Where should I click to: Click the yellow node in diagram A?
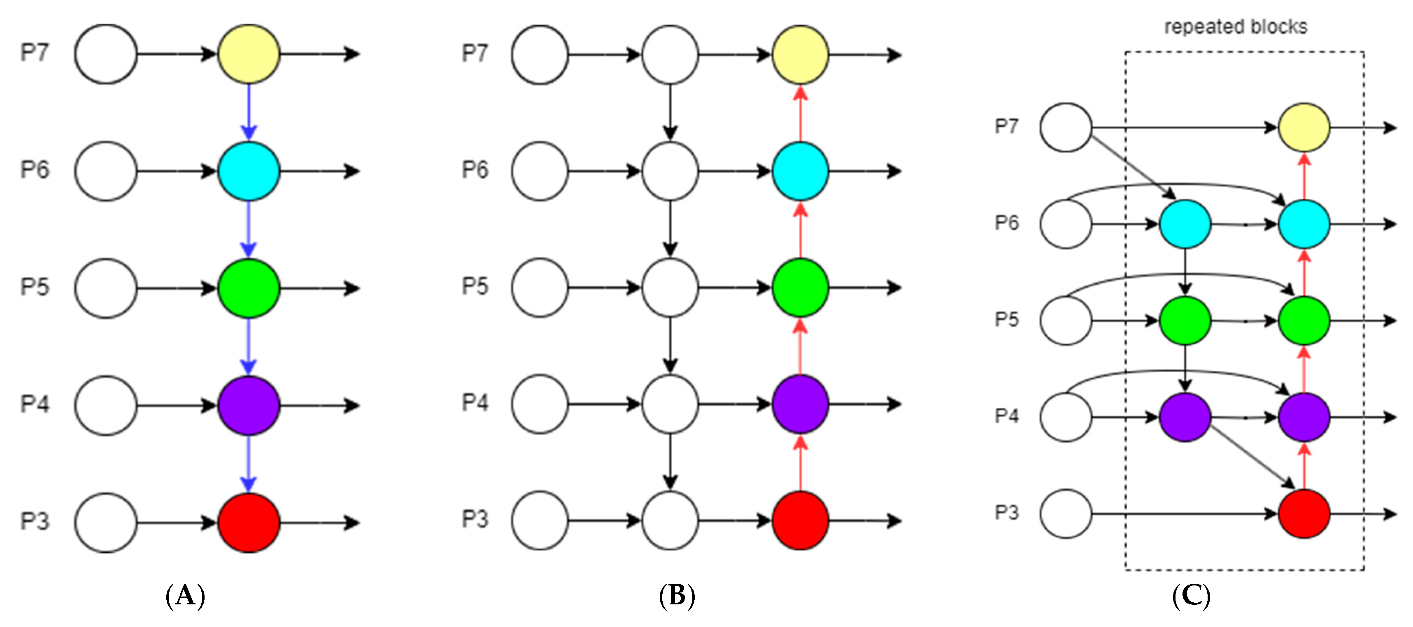pyautogui.click(x=249, y=54)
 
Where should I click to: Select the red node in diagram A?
pyautogui.click(x=249, y=522)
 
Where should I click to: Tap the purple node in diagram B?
pyautogui.click(x=800, y=404)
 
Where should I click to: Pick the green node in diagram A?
pyautogui.click(x=249, y=288)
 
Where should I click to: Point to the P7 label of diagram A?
pyautogui.click(x=35, y=53)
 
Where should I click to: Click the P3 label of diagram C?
pyautogui.click(x=1006, y=513)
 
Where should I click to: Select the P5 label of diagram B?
pyautogui.click(x=475, y=286)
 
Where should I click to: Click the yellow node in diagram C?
pyautogui.click(x=1304, y=128)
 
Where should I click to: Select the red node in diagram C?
pyautogui.click(x=1304, y=513)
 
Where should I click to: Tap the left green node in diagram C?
pyautogui.click(x=1185, y=320)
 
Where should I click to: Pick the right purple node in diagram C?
pyautogui.click(x=1304, y=417)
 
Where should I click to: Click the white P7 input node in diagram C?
pyautogui.click(x=1066, y=128)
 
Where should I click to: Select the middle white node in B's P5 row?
pyautogui.click(x=670, y=287)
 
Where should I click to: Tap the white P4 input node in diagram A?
pyautogui.click(x=105, y=406)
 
